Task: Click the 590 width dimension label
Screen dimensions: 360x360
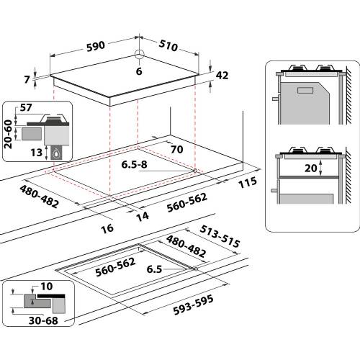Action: [95, 45]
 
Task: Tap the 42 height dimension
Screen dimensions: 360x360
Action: [222, 74]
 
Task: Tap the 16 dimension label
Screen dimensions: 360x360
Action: [108, 228]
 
